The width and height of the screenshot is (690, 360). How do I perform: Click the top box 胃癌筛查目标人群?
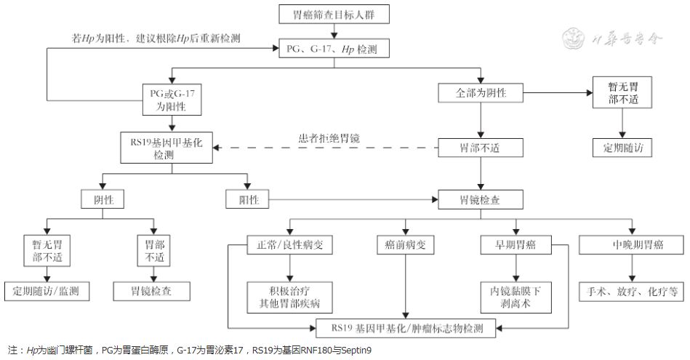334,14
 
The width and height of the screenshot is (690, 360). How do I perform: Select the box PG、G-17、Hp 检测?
334,49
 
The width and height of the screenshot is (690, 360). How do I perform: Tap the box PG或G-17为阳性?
172,100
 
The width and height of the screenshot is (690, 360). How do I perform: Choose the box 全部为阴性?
480,94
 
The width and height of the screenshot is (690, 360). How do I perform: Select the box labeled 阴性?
102,199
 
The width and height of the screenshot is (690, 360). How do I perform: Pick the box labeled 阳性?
247,199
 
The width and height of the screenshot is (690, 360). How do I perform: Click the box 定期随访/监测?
47,292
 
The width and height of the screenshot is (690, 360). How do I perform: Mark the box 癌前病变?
405,245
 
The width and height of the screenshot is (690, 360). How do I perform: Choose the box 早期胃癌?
516,245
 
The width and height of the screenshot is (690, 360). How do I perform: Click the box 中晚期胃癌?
631,245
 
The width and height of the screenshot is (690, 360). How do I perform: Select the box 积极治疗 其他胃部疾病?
285,297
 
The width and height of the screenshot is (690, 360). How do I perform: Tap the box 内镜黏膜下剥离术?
516,297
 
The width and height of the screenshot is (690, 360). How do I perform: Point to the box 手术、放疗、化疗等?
631,292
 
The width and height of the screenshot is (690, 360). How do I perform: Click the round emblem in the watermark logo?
575,39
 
